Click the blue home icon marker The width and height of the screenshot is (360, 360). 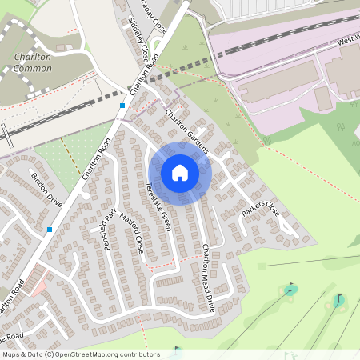180,172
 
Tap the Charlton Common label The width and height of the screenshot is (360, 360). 33,62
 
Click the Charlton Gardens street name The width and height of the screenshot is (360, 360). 186,131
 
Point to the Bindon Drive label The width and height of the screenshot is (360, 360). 46,188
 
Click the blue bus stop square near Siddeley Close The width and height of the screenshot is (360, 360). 122,105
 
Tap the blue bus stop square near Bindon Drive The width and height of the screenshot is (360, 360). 50,230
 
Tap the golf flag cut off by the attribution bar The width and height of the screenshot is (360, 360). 177,350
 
